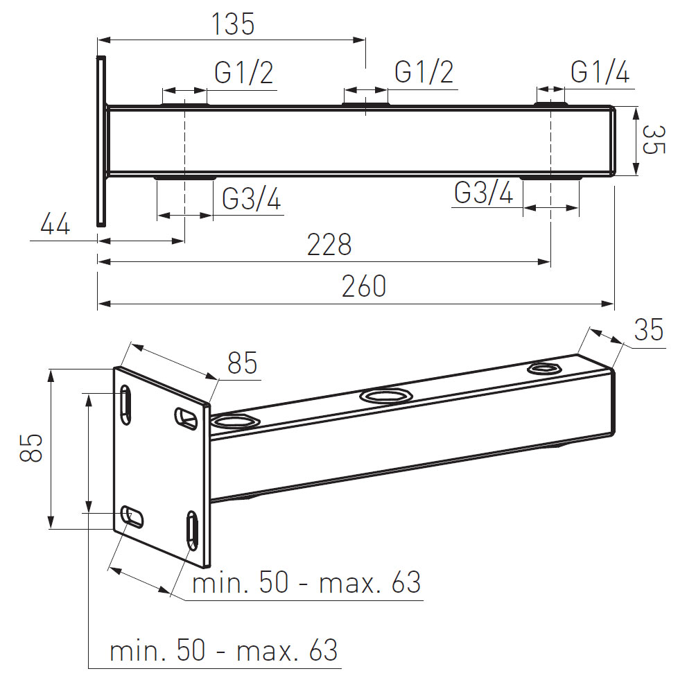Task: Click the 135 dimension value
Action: [x=233, y=24]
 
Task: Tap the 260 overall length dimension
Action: [x=364, y=286]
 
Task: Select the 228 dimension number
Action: [x=329, y=245]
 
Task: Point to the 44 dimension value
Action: [x=55, y=225]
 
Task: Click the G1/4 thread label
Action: [x=600, y=72]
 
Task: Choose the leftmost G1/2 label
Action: [x=244, y=72]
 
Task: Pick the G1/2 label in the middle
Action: [x=424, y=72]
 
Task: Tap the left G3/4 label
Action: [x=252, y=199]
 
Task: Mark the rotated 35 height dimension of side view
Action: [x=654, y=140]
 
